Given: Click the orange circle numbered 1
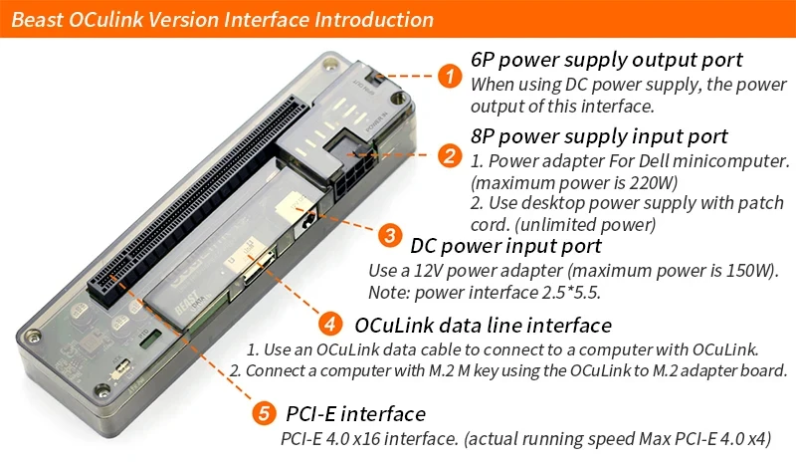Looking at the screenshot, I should pos(450,75).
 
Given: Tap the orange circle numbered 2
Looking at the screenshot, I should pos(450,155).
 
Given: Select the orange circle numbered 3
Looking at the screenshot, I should pos(389,235).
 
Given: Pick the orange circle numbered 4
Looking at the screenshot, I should pos(330,325).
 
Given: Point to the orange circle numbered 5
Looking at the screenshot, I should pos(262,411).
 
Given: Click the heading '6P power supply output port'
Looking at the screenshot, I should pos(607,61).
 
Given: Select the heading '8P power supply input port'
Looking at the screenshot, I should pos(600,135).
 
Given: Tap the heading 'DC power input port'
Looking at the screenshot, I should pos(505,245).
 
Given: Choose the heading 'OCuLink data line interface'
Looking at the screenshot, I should pos(483,325).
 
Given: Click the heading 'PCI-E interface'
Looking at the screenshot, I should pos(355,413).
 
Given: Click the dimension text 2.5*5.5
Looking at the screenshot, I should pos(565,292).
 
